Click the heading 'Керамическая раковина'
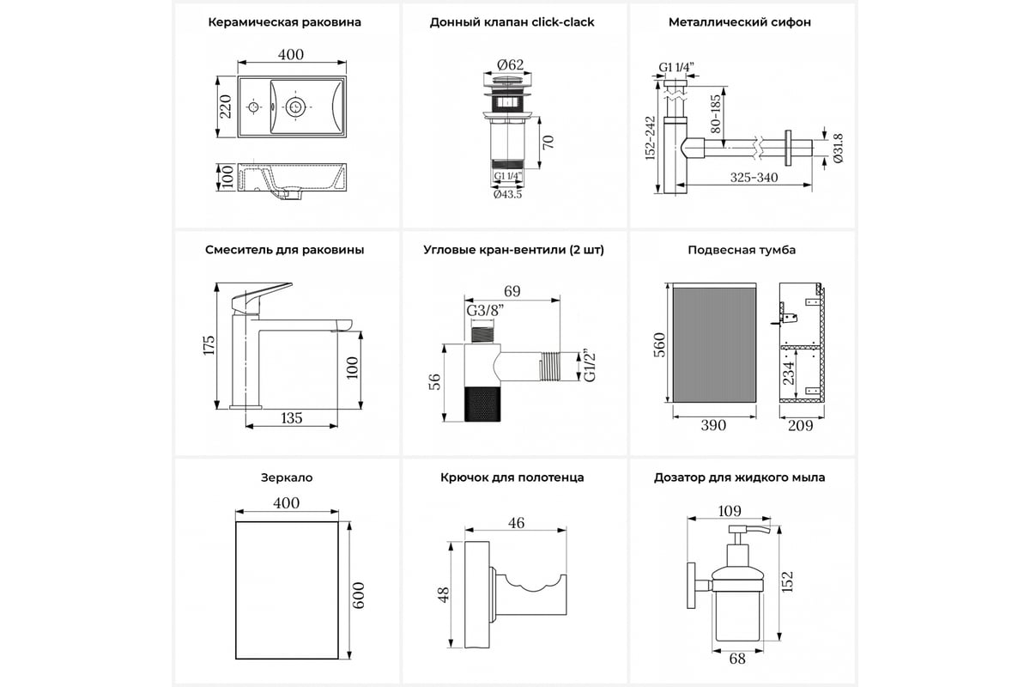[x=284, y=22]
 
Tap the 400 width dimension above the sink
[x=291, y=54]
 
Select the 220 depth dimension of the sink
[x=225, y=106]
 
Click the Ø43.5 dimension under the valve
[x=508, y=194]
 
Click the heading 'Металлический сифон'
[x=739, y=22]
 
